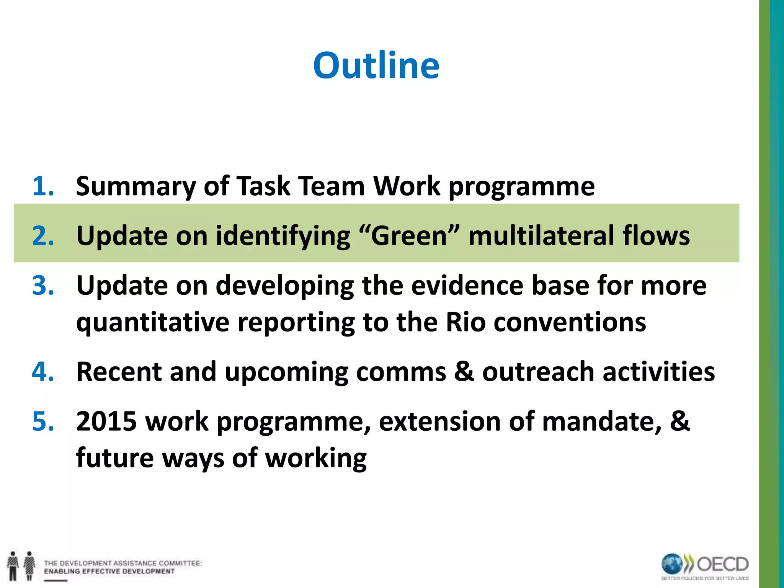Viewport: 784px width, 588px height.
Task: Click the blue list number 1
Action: (42, 186)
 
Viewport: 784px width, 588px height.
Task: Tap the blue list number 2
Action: (43, 236)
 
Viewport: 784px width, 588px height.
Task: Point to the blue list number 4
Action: (43, 372)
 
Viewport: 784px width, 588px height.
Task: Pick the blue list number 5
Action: (43, 421)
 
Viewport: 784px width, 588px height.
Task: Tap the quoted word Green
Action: (409, 236)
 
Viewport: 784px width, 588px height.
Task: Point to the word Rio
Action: (465, 322)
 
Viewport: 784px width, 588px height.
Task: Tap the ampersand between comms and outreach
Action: (464, 372)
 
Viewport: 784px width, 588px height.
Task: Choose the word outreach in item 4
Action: (538, 372)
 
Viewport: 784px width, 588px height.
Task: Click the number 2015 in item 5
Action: (106, 421)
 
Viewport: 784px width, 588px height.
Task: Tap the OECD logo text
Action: (722, 564)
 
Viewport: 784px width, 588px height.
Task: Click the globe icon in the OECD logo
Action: (672, 564)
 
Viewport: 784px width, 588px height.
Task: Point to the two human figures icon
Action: (21, 565)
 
